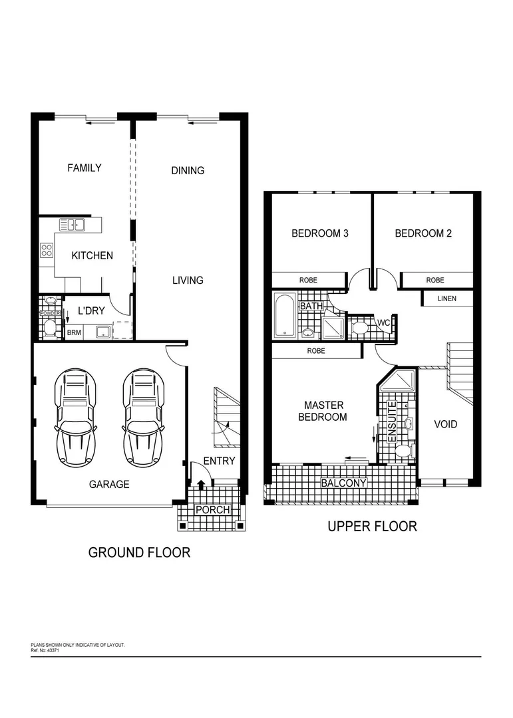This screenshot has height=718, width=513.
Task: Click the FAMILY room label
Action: coord(85,168)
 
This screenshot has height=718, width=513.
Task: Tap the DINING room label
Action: coord(188,171)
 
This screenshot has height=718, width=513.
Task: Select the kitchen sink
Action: coord(71,225)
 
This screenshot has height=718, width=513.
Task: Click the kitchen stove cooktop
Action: coord(47,251)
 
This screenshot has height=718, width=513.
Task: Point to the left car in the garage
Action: coord(76,417)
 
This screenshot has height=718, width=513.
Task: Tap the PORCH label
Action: coord(212,510)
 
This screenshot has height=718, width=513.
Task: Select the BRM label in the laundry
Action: coord(73,332)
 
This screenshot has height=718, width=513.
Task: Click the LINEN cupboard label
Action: coord(446,299)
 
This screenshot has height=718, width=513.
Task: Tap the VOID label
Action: coord(445,424)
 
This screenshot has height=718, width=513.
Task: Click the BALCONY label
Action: coord(343,483)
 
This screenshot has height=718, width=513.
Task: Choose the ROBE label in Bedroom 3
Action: coord(308,281)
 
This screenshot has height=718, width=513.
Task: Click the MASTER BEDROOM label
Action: coord(324,411)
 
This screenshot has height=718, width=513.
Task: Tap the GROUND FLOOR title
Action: coord(139,552)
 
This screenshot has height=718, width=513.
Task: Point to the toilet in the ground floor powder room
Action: coord(50,326)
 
